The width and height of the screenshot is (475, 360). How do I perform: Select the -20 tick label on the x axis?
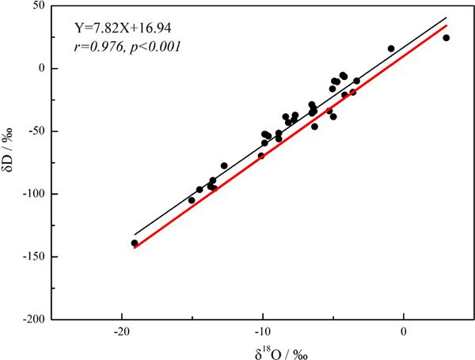click(x=121, y=331)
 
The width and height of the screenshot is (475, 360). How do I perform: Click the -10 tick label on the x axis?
click(x=262, y=331)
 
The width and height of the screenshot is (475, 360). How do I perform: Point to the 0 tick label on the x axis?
click(x=405, y=331)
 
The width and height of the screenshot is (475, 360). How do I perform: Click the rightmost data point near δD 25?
click(x=446, y=38)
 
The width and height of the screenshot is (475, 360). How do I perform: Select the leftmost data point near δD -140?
click(x=135, y=243)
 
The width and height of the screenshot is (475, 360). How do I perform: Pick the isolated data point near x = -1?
click(x=391, y=49)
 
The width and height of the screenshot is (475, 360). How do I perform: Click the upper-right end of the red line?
click(x=447, y=25)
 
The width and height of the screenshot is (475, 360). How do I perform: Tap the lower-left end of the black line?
click(x=134, y=235)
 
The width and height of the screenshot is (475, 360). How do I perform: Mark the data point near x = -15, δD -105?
click(x=192, y=200)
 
